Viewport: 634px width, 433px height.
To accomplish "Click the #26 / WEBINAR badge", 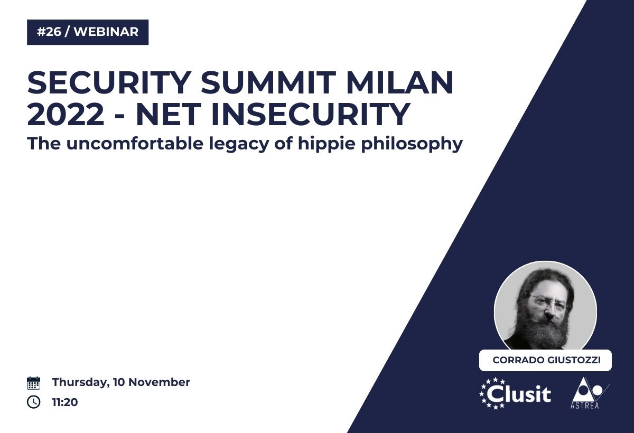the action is coord(88,32).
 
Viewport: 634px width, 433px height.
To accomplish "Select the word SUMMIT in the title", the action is coord(268,82).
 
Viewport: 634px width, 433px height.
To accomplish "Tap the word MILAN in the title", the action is coord(399,82).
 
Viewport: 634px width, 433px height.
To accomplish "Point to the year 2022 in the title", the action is coord(66,114).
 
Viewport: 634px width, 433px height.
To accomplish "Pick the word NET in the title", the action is coord(169,114).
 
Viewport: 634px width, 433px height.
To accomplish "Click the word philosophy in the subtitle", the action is coord(412,144).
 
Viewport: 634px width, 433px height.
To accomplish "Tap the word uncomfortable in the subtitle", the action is coord(135,143).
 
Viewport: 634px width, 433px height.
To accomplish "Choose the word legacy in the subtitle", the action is coord(239,144).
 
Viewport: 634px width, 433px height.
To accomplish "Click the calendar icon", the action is coord(33,383).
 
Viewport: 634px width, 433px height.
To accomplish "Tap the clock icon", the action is coord(33,402).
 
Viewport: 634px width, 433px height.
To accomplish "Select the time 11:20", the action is coord(65,402).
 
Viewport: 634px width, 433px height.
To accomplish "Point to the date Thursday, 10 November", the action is coord(121,382).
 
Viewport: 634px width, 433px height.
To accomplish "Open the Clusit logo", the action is coord(515,393).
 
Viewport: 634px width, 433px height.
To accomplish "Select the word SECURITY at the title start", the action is coord(109,82).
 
